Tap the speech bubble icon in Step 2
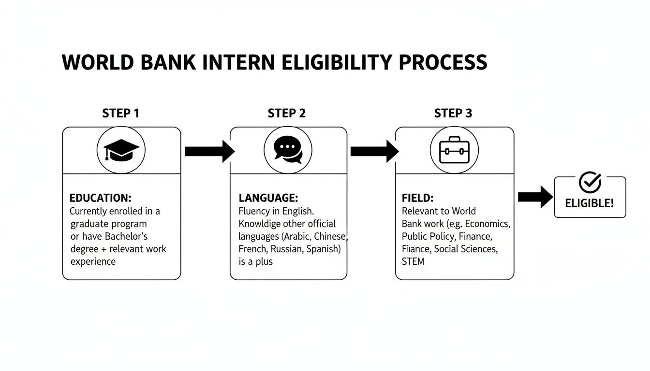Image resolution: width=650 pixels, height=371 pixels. tap(288, 150)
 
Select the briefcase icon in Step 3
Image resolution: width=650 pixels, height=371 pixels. tap(454, 150)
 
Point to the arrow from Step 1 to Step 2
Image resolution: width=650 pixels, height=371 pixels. tap(209, 151)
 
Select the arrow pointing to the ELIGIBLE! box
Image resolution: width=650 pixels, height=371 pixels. tap(535, 197)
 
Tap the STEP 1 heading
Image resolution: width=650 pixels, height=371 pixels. tap(121, 114)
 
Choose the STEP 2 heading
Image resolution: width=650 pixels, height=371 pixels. tap(287, 114)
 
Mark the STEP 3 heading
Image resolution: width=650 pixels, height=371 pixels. tap(453, 114)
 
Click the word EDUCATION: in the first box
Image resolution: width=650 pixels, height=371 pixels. tap(101, 198)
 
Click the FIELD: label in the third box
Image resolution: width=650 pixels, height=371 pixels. tap(418, 198)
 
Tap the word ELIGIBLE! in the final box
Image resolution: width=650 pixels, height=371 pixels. tap(590, 203)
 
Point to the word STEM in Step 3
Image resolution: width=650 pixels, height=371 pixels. tap(413, 261)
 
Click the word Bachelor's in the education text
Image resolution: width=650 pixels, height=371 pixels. tap(123, 236)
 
